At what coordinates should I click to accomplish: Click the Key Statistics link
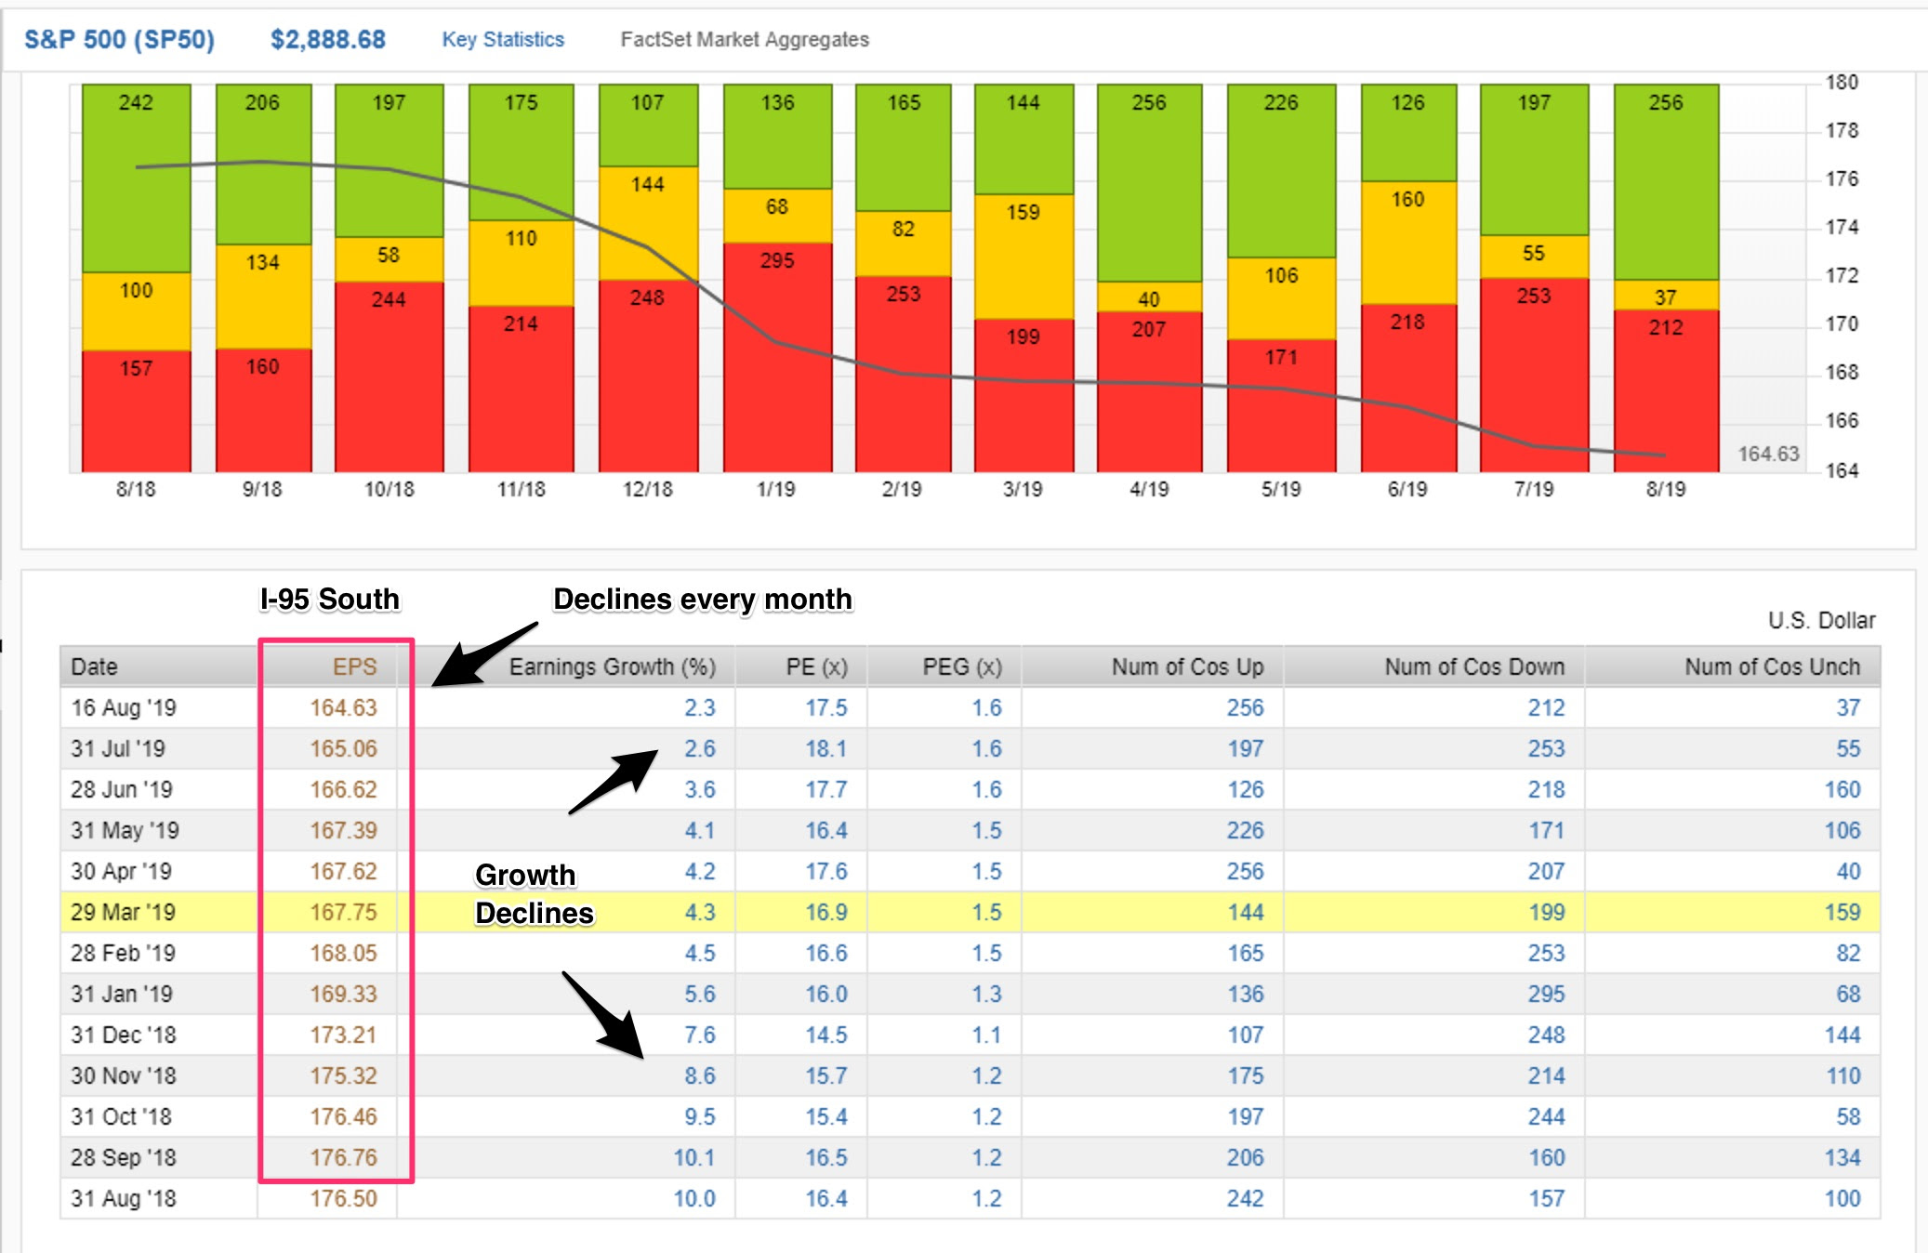pos(503,39)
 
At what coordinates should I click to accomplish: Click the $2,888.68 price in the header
pos(327,39)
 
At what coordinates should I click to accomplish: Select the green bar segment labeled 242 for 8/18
pos(136,178)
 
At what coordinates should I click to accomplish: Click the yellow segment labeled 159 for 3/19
pos(1023,257)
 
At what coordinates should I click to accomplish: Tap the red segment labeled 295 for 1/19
pos(777,357)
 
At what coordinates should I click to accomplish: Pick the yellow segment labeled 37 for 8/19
pos(1666,296)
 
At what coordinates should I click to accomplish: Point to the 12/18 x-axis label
pos(647,489)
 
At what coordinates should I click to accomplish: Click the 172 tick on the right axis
pos(1842,275)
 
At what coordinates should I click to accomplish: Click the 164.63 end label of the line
pos(1768,454)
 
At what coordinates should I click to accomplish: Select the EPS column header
pos(354,666)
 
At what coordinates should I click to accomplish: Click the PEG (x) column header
pos(961,666)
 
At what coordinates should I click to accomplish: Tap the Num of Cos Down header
pos(1474,666)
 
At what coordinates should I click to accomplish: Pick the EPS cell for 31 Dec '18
pos(343,1035)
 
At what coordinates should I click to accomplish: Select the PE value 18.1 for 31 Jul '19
pos(825,748)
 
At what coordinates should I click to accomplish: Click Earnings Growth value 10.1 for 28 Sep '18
pos(693,1157)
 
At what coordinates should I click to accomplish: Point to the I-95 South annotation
pos(329,599)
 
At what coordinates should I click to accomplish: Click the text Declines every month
pos(702,599)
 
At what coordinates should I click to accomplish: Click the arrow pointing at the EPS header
pos(484,654)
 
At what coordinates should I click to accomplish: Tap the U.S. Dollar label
pos(1821,620)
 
